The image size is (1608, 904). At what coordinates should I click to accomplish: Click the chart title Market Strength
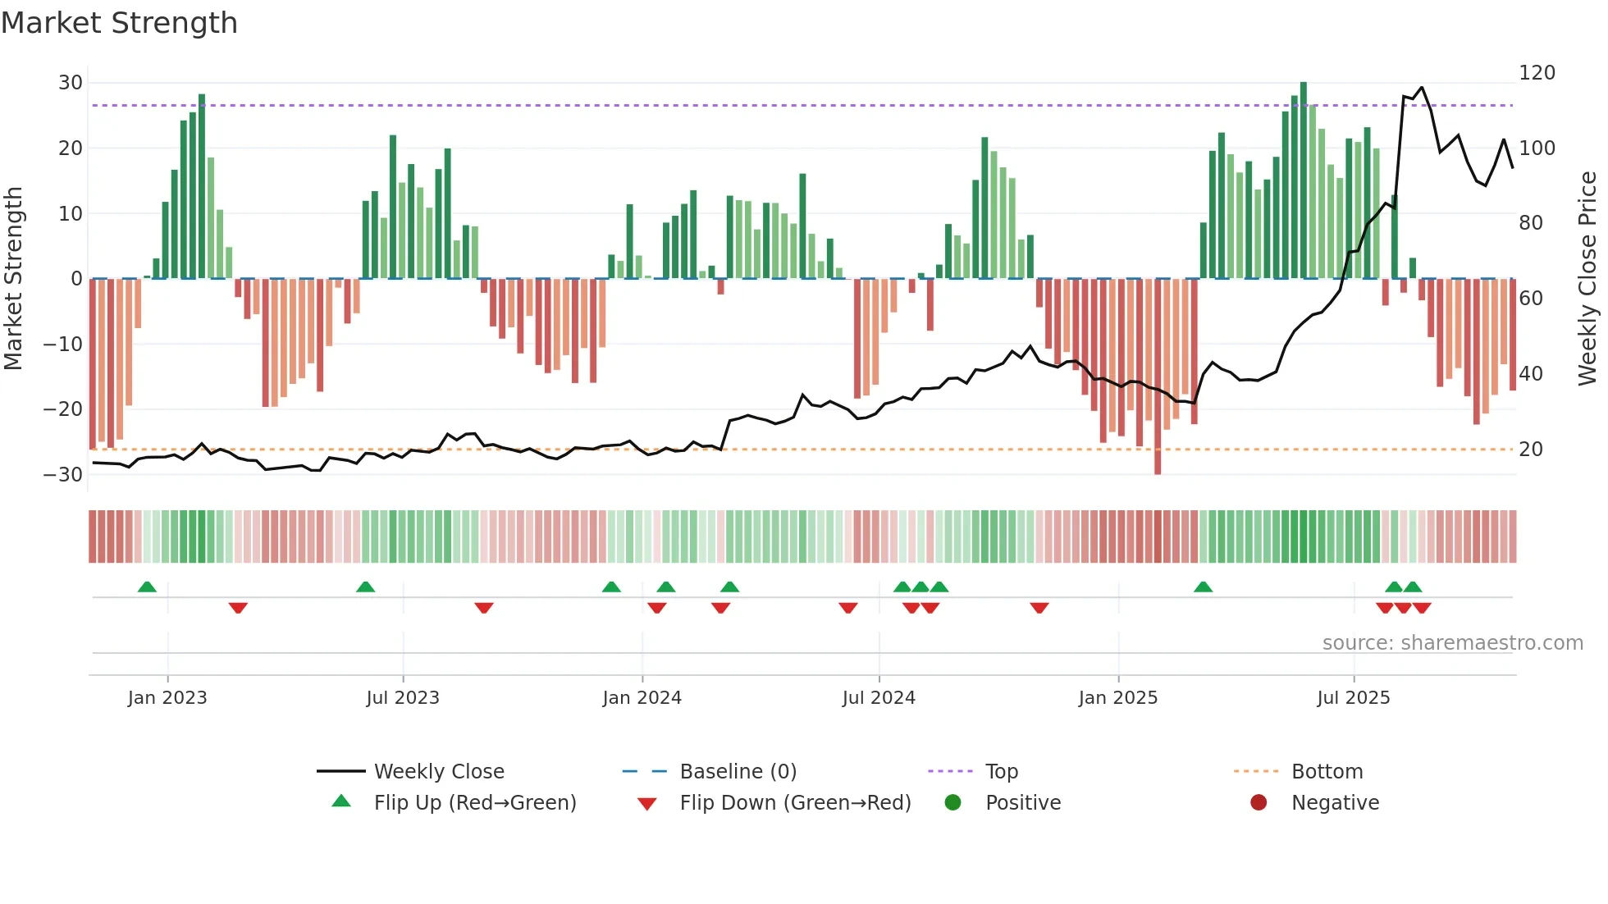tap(119, 23)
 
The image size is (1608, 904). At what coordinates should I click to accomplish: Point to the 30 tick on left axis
tap(70, 83)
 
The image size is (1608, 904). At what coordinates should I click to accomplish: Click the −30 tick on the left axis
tap(63, 475)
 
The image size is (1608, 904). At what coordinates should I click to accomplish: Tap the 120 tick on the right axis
tap(1537, 73)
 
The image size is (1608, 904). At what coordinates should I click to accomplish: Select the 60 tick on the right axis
tap(1531, 299)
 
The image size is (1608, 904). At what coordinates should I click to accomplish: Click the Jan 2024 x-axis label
tap(642, 698)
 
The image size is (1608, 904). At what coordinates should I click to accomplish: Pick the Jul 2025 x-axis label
tap(1353, 698)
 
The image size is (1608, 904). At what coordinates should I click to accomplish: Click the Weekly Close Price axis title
tap(1587, 279)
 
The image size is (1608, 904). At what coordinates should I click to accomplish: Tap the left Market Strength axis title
tap(14, 279)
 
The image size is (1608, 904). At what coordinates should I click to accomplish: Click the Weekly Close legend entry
tap(439, 772)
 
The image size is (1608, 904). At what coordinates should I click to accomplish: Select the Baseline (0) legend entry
tap(738, 772)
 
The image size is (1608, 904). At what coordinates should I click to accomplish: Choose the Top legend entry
tap(1001, 772)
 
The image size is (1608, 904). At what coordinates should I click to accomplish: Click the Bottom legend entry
tap(1327, 772)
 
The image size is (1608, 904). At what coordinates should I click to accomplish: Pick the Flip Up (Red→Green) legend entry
tap(474, 803)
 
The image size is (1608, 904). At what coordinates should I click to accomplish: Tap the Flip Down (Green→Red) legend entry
tap(795, 803)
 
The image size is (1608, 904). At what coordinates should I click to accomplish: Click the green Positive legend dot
tap(952, 802)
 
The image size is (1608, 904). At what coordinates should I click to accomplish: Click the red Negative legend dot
tap(1259, 802)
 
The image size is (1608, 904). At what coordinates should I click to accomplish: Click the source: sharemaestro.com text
tap(1452, 643)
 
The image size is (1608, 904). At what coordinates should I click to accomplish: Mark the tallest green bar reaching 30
tap(1304, 180)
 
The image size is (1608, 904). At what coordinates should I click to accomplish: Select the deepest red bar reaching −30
tap(1158, 377)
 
